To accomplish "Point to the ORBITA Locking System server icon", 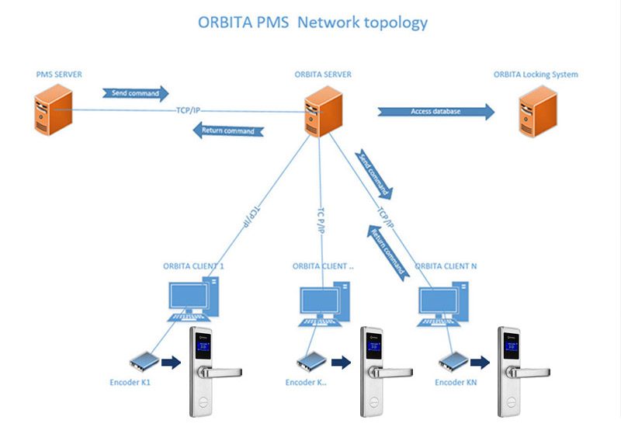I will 536,111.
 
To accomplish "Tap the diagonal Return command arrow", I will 388,250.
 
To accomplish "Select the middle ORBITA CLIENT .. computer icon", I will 323,304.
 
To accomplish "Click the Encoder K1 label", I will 133,382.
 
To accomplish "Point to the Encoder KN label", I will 456,383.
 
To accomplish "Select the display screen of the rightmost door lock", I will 510,344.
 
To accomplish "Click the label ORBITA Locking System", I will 536,75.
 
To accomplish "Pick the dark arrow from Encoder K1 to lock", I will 169,361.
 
